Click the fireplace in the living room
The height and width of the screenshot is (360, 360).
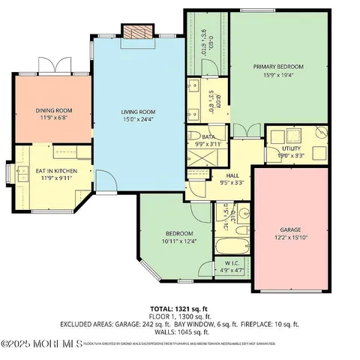pos(136,31)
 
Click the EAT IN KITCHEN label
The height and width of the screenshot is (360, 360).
pos(52,171)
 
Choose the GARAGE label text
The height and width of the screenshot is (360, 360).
pos(290,230)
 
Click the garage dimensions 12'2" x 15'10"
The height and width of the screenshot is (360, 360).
pos(290,238)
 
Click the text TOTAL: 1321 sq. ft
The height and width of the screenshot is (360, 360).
pos(180,309)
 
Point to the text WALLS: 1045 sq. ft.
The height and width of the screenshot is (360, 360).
pos(180,331)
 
